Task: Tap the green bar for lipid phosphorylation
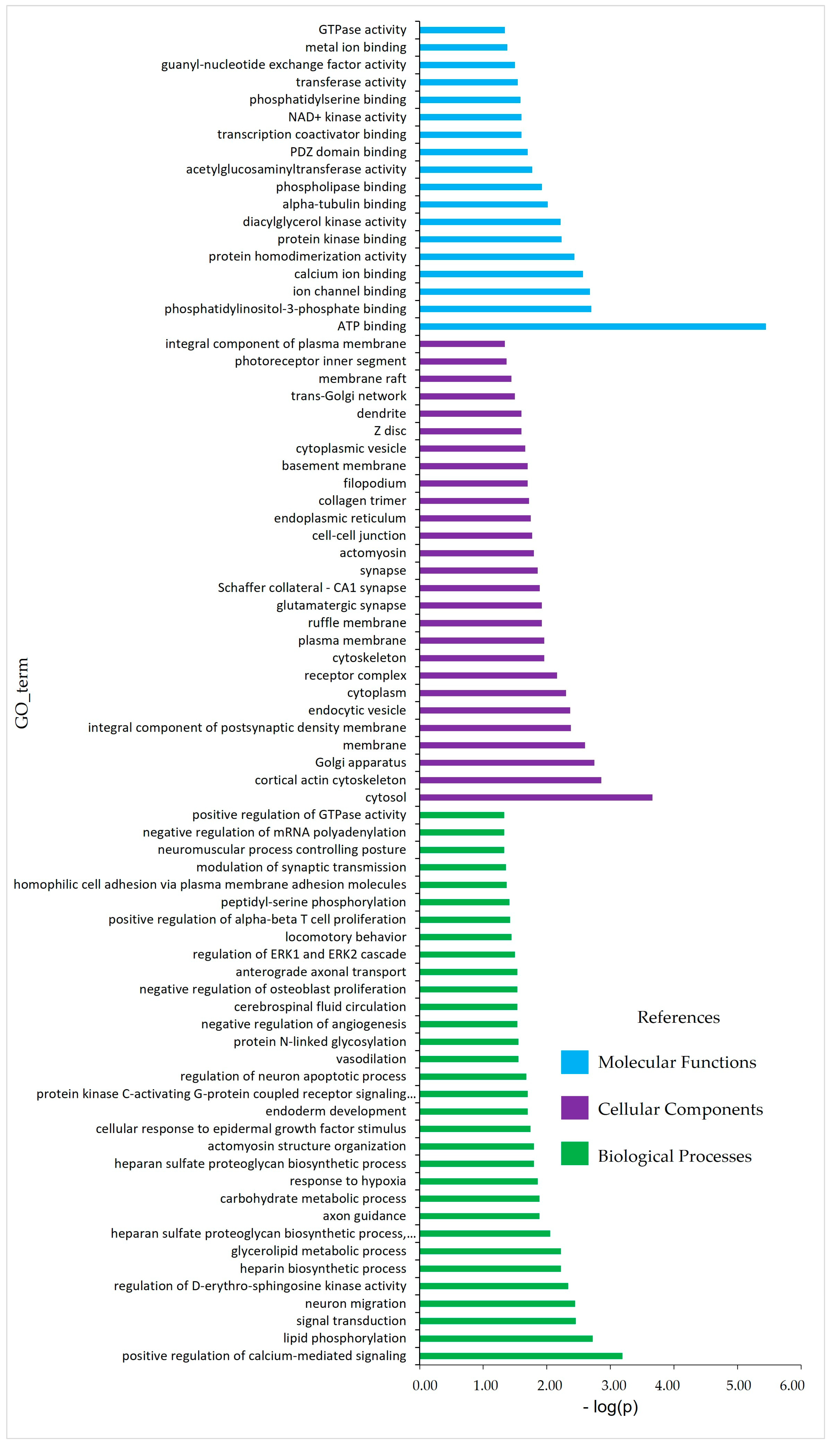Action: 506,1338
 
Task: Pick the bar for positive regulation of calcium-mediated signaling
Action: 521,1356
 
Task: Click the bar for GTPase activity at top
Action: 462,30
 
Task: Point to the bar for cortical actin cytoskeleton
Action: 510,780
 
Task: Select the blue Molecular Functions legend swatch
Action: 575,1062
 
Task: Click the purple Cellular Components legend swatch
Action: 575,1108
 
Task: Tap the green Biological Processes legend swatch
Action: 575,1153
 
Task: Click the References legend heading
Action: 678,1017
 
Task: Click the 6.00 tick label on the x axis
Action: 792,1386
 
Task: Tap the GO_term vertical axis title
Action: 22,693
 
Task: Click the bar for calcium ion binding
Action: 501,274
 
